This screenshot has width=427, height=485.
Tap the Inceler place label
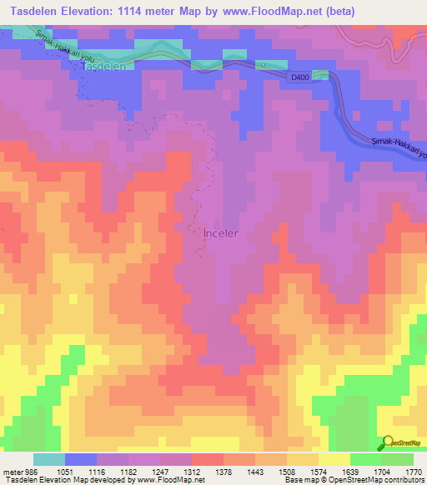point(221,233)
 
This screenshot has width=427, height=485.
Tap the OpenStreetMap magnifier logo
point(388,443)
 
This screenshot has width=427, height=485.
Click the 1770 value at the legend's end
point(411,472)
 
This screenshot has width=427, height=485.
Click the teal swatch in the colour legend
point(48,459)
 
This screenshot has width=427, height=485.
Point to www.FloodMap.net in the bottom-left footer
point(169,481)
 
